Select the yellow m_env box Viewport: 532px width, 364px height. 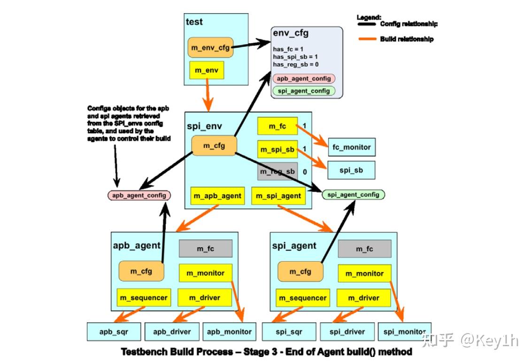[x=207, y=70]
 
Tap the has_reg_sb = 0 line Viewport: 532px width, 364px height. [x=296, y=64]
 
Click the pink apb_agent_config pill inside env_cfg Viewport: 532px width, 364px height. [x=303, y=79]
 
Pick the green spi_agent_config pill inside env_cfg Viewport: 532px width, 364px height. [x=303, y=91]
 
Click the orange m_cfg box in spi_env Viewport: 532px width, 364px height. [x=214, y=146]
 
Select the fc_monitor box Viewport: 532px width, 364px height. [x=351, y=147]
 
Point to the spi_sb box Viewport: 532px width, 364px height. [x=351, y=170]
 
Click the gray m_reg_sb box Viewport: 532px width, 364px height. [x=277, y=172]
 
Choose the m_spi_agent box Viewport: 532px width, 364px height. [x=278, y=196]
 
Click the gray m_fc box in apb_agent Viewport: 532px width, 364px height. [x=206, y=249]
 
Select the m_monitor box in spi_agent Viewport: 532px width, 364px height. [x=364, y=273]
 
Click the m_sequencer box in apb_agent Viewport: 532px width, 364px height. [x=144, y=298]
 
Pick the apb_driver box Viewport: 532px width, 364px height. [x=172, y=332]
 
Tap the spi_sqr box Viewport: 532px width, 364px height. [x=289, y=332]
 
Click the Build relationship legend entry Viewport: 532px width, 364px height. [x=406, y=39]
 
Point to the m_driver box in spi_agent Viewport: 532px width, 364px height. [x=364, y=298]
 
